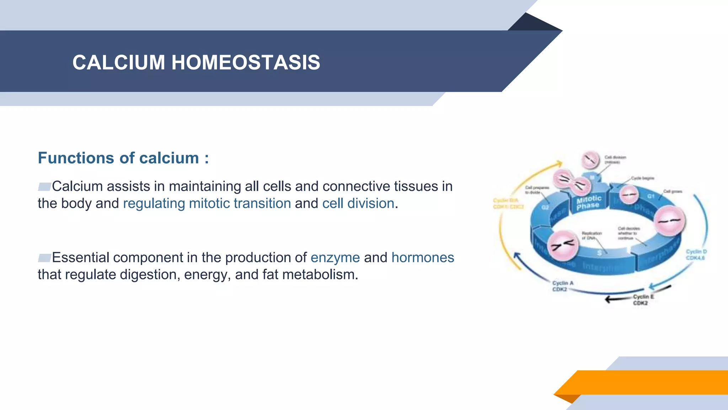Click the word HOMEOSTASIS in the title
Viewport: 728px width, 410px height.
click(246, 62)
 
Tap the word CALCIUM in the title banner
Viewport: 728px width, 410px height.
click(119, 62)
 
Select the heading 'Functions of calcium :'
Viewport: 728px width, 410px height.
click(123, 158)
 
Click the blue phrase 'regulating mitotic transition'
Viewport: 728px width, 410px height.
click(207, 204)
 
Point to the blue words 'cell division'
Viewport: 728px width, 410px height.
click(358, 204)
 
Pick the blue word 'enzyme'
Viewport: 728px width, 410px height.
click(335, 258)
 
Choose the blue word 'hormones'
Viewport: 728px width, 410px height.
click(423, 258)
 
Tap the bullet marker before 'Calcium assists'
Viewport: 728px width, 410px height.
click(44, 186)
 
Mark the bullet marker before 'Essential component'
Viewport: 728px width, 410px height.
click(44, 258)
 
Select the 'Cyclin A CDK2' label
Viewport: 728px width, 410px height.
click(562, 286)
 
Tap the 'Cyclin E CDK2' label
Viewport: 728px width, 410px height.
click(643, 300)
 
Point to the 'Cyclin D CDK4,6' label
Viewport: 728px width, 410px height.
click(696, 255)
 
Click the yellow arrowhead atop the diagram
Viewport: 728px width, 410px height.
click(559, 164)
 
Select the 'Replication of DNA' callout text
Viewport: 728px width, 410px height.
click(591, 236)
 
